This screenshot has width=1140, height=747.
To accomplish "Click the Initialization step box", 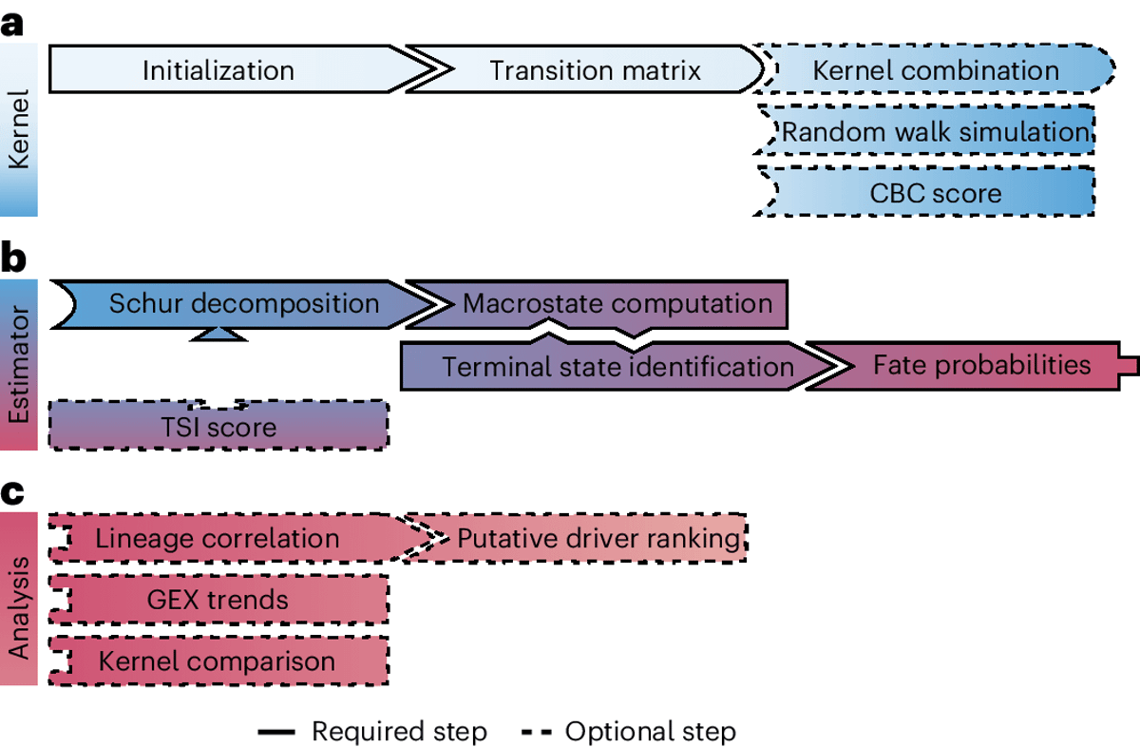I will (218, 69).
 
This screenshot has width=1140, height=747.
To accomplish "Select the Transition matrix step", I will (596, 69).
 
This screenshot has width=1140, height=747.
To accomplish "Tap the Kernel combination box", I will (936, 69).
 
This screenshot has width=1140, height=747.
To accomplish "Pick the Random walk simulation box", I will (933, 132).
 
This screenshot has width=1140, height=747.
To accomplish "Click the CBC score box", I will (935, 193).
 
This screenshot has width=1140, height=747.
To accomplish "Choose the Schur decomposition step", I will (243, 304).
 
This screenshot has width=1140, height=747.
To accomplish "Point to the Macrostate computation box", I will (617, 304).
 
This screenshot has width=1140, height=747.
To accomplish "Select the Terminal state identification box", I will (617, 366).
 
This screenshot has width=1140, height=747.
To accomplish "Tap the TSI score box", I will (218, 426).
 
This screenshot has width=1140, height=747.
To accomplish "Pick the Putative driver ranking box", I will (598, 539).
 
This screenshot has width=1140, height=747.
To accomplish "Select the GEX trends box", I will (218, 600).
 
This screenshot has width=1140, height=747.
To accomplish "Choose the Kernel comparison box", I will (218, 661).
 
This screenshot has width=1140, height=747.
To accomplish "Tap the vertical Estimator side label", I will (19, 365).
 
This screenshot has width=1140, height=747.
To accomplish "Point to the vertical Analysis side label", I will (19, 599).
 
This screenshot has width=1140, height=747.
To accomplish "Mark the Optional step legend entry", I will (628, 731).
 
